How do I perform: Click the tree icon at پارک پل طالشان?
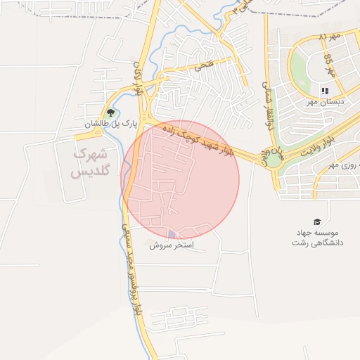[110, 112]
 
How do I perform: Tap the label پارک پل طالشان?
[110, 124]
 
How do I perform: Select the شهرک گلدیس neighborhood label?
[91, 161]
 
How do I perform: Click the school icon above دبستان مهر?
[325, 91]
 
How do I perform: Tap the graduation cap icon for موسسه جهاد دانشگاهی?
[316, 221]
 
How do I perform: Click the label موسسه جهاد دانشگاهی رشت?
[316, 237]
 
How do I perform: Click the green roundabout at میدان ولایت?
[273, 160]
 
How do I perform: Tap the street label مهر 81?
[328, 35]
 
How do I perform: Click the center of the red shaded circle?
[181, 180]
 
